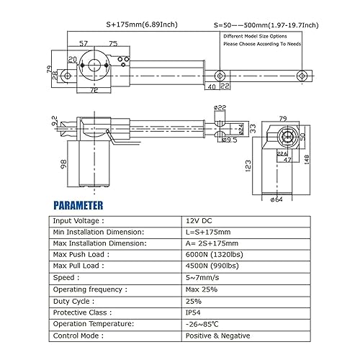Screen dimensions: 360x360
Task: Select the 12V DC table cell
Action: tap(198, 221)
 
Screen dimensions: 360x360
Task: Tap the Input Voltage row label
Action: tap(78, 221)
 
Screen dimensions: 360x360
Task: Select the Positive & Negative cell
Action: tap(217, 336)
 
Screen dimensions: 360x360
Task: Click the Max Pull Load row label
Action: tap(80, 267)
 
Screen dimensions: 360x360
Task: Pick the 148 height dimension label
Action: tap(307, 158)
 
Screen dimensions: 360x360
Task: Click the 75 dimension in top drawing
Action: tap(114, 43)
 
